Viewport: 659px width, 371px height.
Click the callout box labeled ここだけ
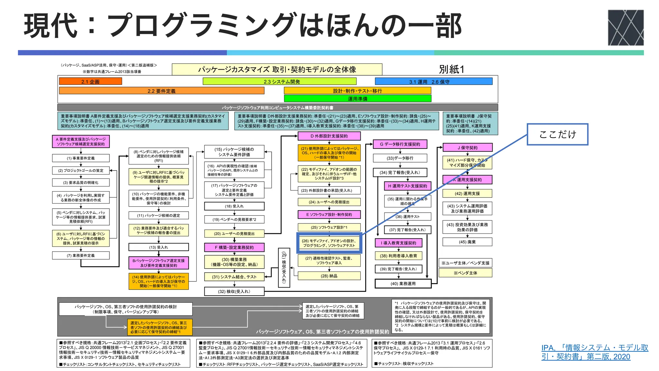point(557,134)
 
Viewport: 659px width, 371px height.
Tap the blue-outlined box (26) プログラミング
point(329,243)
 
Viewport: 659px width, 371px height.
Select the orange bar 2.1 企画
point(90,81)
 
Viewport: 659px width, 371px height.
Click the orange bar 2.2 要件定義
point(162,91)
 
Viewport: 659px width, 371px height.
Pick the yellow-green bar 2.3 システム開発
point(280,81)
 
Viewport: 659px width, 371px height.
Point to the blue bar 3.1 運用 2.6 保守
point(433,81)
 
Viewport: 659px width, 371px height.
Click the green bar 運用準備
point(357,99)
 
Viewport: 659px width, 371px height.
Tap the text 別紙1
point(451,69)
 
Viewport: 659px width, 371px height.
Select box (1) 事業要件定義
point(81,158)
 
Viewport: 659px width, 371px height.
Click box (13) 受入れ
point(159,247)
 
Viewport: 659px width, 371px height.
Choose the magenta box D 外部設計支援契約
point(329,136)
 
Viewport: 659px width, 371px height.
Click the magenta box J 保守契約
point(467,148)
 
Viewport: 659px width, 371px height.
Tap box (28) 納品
point(329,276)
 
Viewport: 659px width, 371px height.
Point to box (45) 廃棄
point(467,242)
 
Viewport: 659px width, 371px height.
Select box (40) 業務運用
point(403,284)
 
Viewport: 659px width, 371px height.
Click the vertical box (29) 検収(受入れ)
point(284,268)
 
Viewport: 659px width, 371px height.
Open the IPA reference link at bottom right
point(595,352)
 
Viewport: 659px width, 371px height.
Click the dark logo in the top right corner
point(626,28)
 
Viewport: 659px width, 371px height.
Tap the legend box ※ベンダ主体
point(465,273)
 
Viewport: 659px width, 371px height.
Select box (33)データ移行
point(400,158)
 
